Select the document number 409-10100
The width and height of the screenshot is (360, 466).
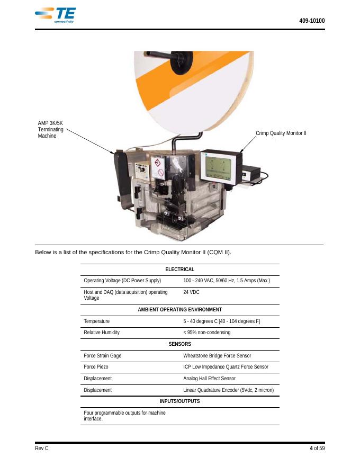(x=312, y=21)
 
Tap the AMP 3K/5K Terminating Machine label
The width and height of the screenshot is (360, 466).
(x=50, y=130)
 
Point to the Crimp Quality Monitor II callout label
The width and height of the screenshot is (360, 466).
(x=281, y=133)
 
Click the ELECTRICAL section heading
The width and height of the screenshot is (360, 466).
(x=179, y=270)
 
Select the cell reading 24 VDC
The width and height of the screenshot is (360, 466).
(x=191, y=292)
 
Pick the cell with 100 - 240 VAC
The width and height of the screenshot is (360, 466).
(x=227, y=281)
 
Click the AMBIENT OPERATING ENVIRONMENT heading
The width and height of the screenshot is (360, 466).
(x=179, y=310)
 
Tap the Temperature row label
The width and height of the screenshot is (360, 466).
(x=96, y=321)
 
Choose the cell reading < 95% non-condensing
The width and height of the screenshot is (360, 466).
(x=206, y=333)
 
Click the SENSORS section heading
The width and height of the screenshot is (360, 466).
(x=179, y=344)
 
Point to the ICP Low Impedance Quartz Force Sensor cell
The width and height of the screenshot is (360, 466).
(x=226, y=367)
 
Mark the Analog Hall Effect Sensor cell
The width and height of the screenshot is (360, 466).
(x=209, y=379)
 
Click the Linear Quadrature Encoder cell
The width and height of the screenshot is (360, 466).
(x=228, y=390)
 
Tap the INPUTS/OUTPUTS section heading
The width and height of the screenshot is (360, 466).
(x=179, y=401)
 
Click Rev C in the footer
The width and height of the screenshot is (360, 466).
(x=42, y=449)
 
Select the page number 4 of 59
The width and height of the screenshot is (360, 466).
(x=317, y=449)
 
